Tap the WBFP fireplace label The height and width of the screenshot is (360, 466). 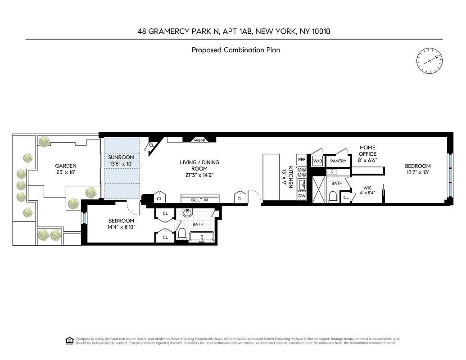pyautogui.click(x=199, y=140)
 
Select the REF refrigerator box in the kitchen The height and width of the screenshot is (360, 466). pyautogui.click(x=302, y=160)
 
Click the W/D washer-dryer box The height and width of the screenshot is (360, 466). pyautogui.click(x=318, y=161)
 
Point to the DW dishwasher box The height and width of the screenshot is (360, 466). pyautogui.click(x=302, y=196)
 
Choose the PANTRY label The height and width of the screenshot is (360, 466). pyautogui.click(x=338, y=161)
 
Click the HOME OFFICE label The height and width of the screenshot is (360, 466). pyautogui.click(x=367, y=151)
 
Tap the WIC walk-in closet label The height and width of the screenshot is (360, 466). pyautogui.click(x=367, y=189)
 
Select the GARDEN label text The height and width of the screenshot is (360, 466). pyautogui.click(x=66, y=166)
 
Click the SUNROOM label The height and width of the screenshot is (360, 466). pyautogui.click(x=122, y=157)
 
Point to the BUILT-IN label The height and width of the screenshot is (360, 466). pyautogui.click(x=200, y=199)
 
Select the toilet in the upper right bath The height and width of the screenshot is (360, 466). pyautogui.click(x=333, y=197)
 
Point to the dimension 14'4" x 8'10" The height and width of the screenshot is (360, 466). pyautogui.click(x=122, y=227)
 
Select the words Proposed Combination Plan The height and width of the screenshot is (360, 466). pyautogui.click(x=235, y=50)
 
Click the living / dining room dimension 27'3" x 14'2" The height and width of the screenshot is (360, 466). pyautogui.click(x=199, y=169)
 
